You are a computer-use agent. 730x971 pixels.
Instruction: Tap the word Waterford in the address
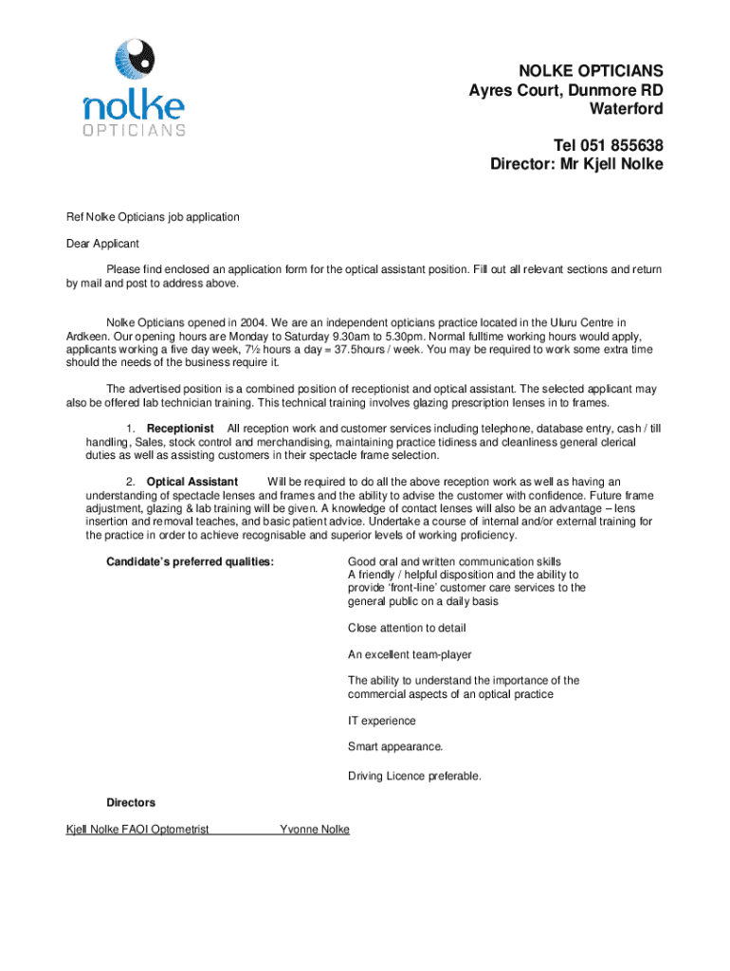pyautogui.click(x=626, y=109)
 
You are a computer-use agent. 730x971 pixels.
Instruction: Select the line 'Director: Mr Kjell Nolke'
pyautogui.click(x=576, y=164)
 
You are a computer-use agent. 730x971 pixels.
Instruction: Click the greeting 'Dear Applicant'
pyautogui.click(x=102, y=244)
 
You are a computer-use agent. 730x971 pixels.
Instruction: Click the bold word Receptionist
pyautogui.click(x=180, y=429)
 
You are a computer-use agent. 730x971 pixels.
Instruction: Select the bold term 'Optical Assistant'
pyautogui.click(x=192, y=482)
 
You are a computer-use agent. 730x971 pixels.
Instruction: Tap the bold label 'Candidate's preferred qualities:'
pyautogui.click(x=191, y=561)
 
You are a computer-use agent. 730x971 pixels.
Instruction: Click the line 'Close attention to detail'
pyautogui.click(x=407, y=628)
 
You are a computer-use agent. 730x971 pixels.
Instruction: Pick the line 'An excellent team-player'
pyautogui.click(x=410, y=654)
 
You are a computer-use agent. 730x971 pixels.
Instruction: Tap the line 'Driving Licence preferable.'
pyautogui.click(x=414, y=776)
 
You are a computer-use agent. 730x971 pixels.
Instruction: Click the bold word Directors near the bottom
pyautogui.click(x=131, y=802)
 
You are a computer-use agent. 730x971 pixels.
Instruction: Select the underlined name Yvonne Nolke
pyautogui.click(x=315, y=830)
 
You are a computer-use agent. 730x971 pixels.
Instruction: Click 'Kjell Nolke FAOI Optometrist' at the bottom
pyautogui.click(x=137, y=830)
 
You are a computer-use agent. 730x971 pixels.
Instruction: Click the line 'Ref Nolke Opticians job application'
pyautogui.click(x=153, y=217)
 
